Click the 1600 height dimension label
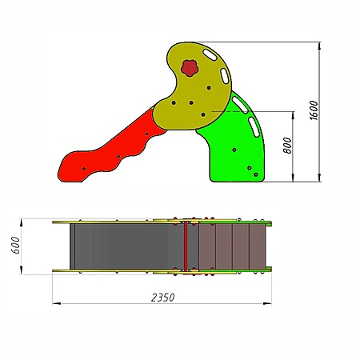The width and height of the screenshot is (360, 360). click(314, 110)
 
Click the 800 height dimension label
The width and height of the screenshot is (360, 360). click(287, 146)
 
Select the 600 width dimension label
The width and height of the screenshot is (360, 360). click(16, 245)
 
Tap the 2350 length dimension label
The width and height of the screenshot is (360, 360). click(163, 298)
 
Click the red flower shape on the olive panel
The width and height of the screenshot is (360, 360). click(190, 68)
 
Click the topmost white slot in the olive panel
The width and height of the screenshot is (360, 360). click(210, 54)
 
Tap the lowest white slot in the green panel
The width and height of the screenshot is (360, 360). click(254, 127)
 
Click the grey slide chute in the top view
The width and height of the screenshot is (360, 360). click(126, 246)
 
